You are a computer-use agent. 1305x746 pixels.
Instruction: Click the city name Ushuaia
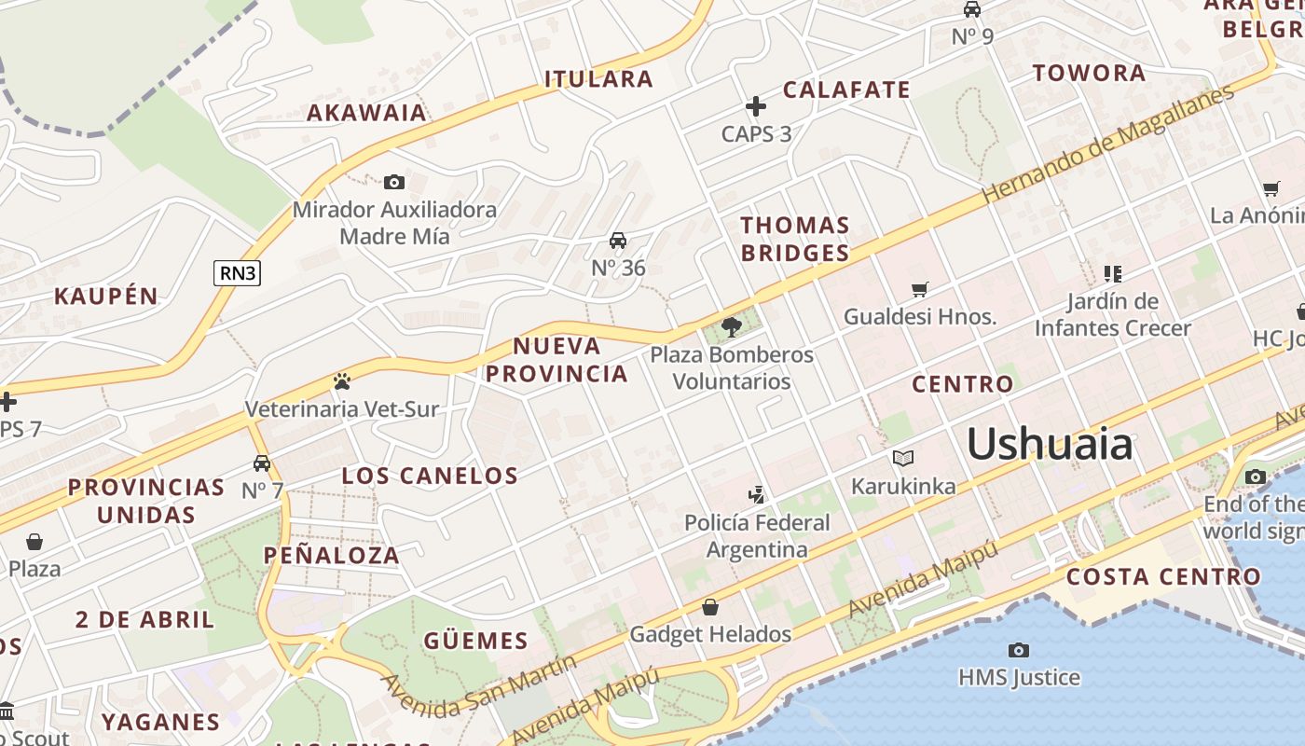1050,444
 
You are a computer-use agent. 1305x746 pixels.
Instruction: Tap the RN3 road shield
237,273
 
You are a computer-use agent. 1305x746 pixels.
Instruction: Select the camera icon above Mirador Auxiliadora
394,182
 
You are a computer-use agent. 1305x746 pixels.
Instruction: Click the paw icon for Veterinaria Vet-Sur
342,381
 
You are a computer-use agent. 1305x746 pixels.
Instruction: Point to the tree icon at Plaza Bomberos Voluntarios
732,326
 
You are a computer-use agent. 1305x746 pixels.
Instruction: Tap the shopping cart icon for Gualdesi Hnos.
920,289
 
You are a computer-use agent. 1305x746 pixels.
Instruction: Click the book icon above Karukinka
902,458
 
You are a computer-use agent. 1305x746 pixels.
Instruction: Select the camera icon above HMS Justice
1019,649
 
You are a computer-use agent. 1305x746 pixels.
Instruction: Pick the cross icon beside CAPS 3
756,106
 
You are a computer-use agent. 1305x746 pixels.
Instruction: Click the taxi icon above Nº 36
617,241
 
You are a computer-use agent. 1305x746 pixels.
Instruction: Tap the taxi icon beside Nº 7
262,463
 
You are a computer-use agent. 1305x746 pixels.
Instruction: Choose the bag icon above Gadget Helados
710,608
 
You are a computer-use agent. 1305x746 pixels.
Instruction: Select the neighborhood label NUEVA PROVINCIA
557,360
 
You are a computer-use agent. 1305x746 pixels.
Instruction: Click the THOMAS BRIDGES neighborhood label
795,239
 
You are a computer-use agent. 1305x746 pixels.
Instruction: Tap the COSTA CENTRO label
1163,576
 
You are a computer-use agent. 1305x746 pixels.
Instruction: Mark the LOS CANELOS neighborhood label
430,476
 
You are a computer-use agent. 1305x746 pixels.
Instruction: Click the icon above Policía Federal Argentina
757,494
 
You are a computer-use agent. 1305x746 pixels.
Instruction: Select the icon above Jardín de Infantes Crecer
1112,273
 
